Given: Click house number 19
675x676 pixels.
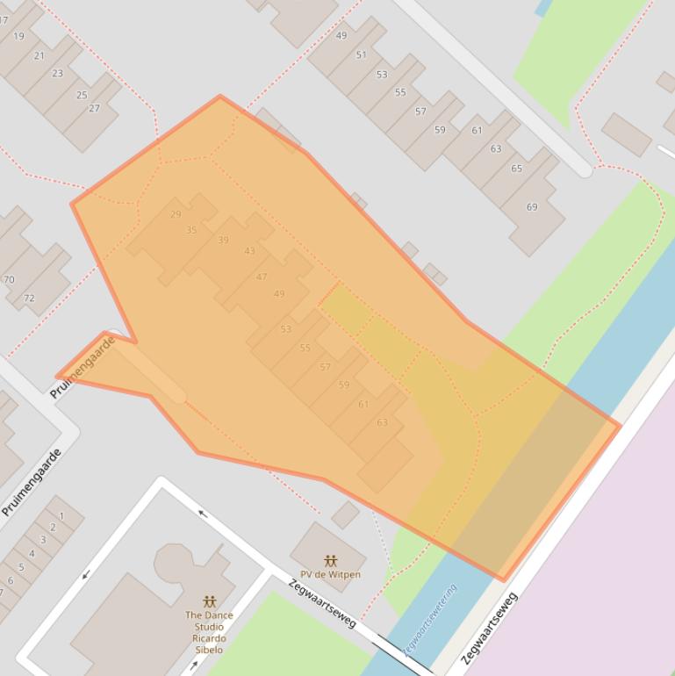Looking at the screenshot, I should (18, 37).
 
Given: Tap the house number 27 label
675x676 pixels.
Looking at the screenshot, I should (94, 109).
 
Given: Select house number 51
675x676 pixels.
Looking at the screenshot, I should (361, 54).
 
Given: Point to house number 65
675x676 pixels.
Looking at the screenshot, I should (516, 169).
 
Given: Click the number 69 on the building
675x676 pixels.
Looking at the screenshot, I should (532, 207).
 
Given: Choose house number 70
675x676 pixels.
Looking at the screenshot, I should (9, 280).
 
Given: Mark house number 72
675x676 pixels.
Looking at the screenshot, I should (29, 298).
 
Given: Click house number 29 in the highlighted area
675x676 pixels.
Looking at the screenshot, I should (176, 214).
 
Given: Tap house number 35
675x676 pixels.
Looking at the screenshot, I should (191, 230).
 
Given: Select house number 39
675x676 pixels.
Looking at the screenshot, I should (223, 241).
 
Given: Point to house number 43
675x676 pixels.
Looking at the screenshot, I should (250, 251).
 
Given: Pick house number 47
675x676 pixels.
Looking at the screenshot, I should (262, 277).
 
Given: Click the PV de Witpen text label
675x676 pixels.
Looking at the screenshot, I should (331, 575).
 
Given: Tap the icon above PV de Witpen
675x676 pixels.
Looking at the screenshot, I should (331, 560).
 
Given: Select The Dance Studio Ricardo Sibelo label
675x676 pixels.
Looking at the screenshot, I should (209, 627).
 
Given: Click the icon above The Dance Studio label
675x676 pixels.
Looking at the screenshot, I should (209, 601).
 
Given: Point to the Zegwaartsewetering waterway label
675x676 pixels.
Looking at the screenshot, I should (431, 620).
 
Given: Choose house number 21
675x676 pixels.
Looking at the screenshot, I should (39, 55).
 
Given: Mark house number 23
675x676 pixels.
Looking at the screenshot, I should (57, 74).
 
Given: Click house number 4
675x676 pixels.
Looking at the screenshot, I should (32, 553).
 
